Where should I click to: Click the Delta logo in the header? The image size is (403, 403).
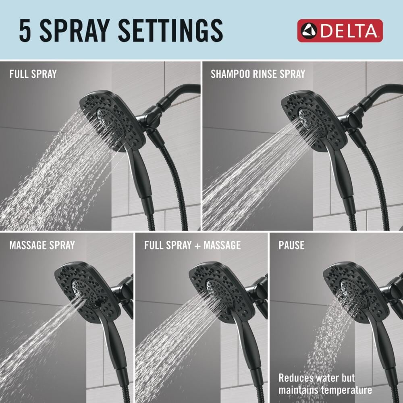click(x=340, y=31)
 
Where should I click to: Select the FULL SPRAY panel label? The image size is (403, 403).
click(x=33, y=74)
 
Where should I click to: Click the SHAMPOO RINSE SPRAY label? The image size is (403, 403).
click(x=258, y=74)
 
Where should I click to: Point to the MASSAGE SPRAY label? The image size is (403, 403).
click(x=42, y=245)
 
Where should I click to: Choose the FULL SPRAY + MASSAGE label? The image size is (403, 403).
click(x=192, y=245)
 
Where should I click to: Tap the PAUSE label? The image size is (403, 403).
click(x=291, y=245)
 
